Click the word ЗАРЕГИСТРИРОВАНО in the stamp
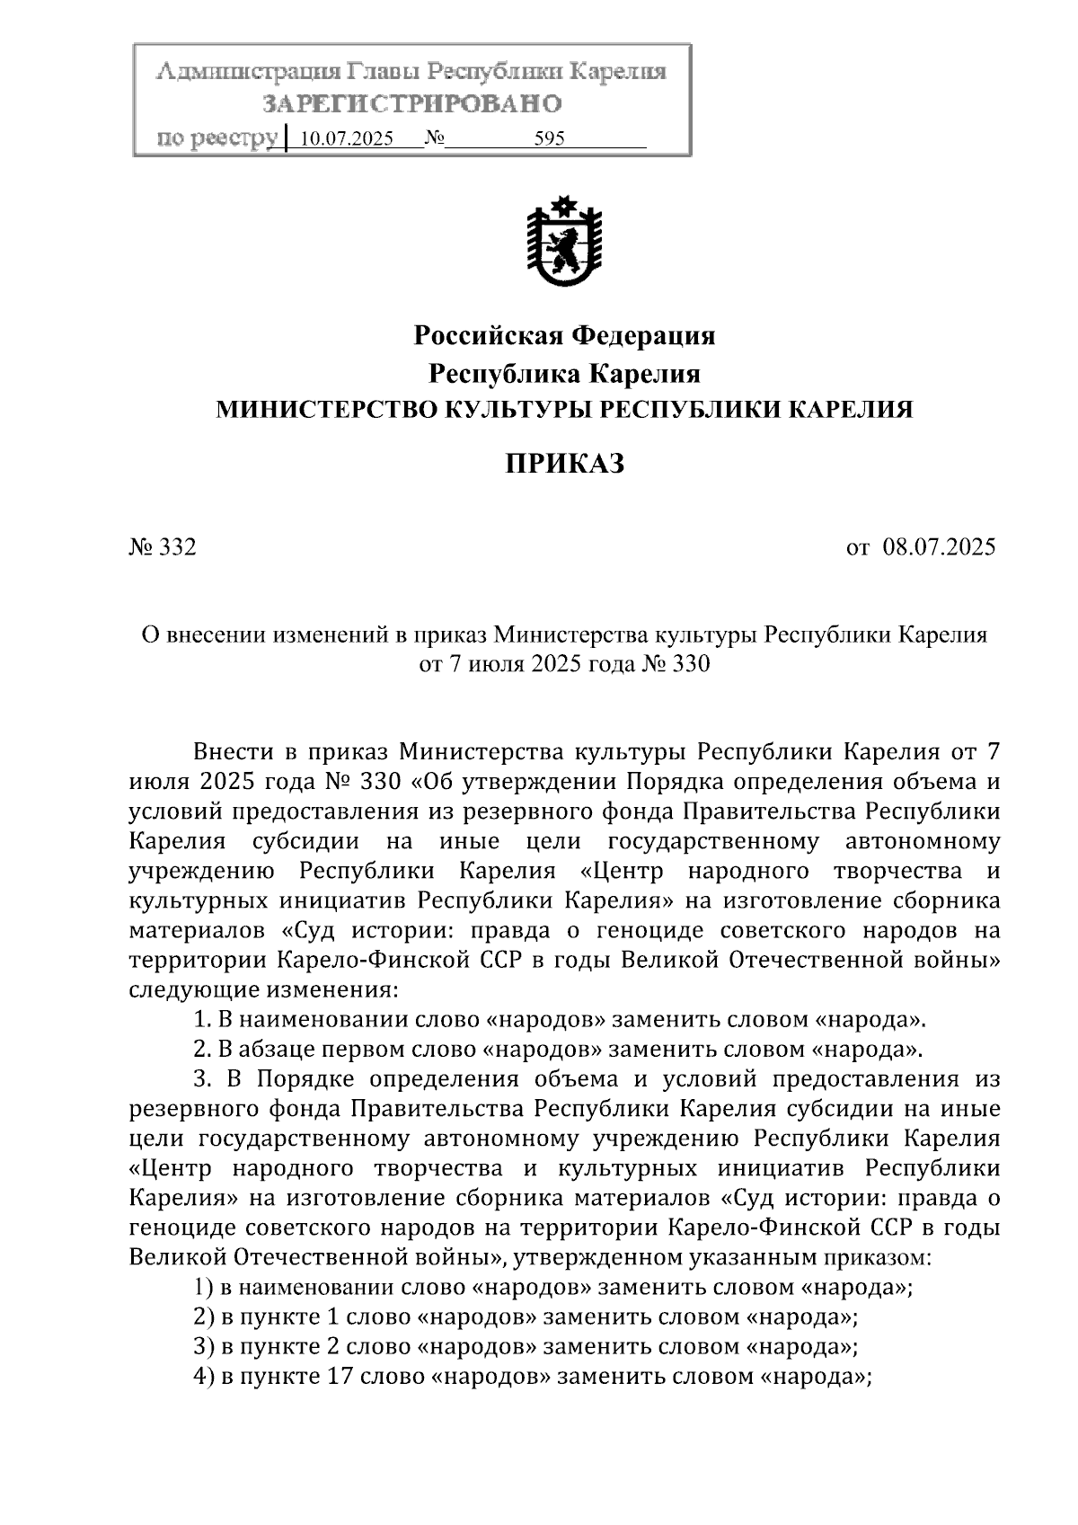411,104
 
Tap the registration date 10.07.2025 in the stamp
346,139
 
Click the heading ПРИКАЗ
564,464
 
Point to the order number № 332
163,547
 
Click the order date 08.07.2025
939,547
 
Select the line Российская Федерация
564,336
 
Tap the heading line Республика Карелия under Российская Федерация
564,373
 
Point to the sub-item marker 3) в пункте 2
202,1346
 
